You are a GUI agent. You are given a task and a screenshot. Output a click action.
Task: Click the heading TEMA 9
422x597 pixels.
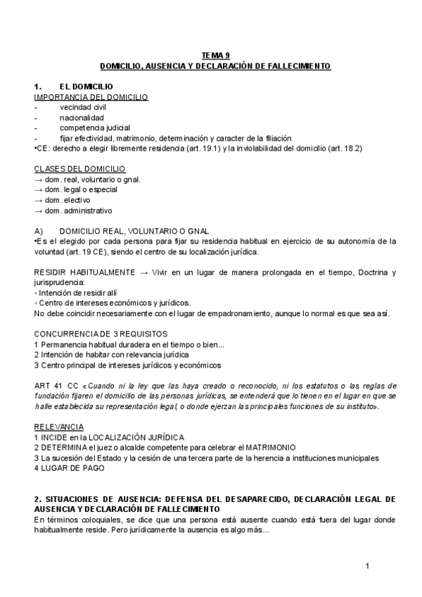coord(215,54)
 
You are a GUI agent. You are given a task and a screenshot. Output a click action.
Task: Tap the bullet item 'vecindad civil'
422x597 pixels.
coord(82,107)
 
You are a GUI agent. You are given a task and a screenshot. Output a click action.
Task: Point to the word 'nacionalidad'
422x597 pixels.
coord(82,118)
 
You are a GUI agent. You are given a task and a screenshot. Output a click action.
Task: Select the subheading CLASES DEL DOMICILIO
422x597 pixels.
coord(79,169)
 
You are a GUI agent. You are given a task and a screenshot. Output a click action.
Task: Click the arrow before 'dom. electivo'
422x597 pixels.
coord(38,200)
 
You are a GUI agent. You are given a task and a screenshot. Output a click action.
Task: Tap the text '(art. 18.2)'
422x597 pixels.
coord(348,149)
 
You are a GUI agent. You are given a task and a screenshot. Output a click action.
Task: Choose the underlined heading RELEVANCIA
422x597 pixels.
coord(58,427)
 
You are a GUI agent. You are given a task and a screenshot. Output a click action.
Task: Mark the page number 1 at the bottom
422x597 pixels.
coord(367,566)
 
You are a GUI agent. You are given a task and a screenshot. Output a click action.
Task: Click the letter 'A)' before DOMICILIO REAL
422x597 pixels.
coord(39,231)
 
